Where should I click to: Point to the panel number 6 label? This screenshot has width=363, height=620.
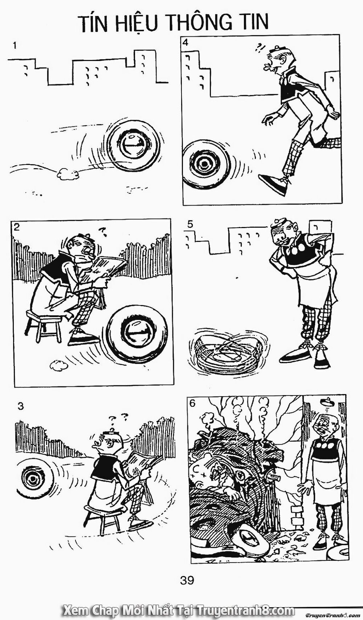(x=193, y=403)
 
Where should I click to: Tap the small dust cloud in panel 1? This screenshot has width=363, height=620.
(x=68, y=174)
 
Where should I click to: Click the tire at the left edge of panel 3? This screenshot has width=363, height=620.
(x=32, y=478)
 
